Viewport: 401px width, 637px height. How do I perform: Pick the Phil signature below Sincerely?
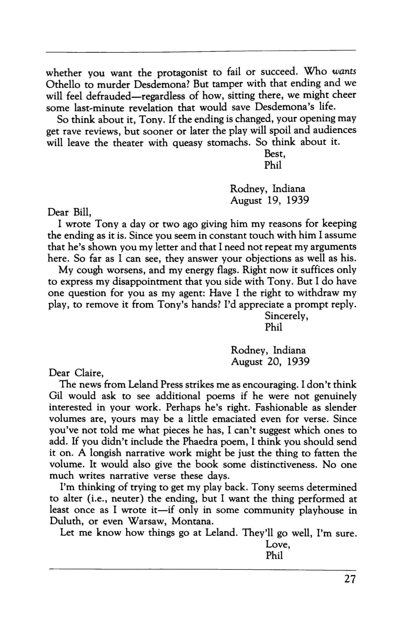coord(274,327)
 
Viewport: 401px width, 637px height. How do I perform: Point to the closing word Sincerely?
coord(287,316)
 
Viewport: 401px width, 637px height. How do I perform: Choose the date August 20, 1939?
coord(270,362)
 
